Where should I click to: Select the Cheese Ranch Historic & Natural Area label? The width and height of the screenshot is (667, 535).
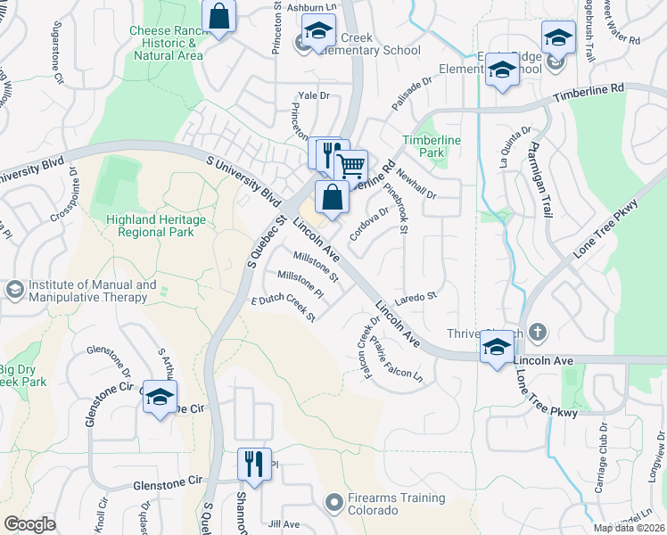click(167, 42)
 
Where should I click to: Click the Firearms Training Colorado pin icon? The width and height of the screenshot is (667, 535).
click(333, 504)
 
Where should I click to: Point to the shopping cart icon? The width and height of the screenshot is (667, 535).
click(351, 165)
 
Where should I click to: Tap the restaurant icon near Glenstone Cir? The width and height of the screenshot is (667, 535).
click(253, 464)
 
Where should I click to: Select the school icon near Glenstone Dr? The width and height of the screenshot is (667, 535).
click(160, 397)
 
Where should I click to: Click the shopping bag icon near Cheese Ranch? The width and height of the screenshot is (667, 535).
click(218, 16)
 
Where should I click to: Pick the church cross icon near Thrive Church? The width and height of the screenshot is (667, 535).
click(537, 333)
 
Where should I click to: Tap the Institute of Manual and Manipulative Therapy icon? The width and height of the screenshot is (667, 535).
click(14, 290)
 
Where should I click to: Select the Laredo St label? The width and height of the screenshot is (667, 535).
click(416, 296)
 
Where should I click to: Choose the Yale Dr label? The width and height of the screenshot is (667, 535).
click(314, 95)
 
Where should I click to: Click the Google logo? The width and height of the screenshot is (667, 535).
click(29, 524)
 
